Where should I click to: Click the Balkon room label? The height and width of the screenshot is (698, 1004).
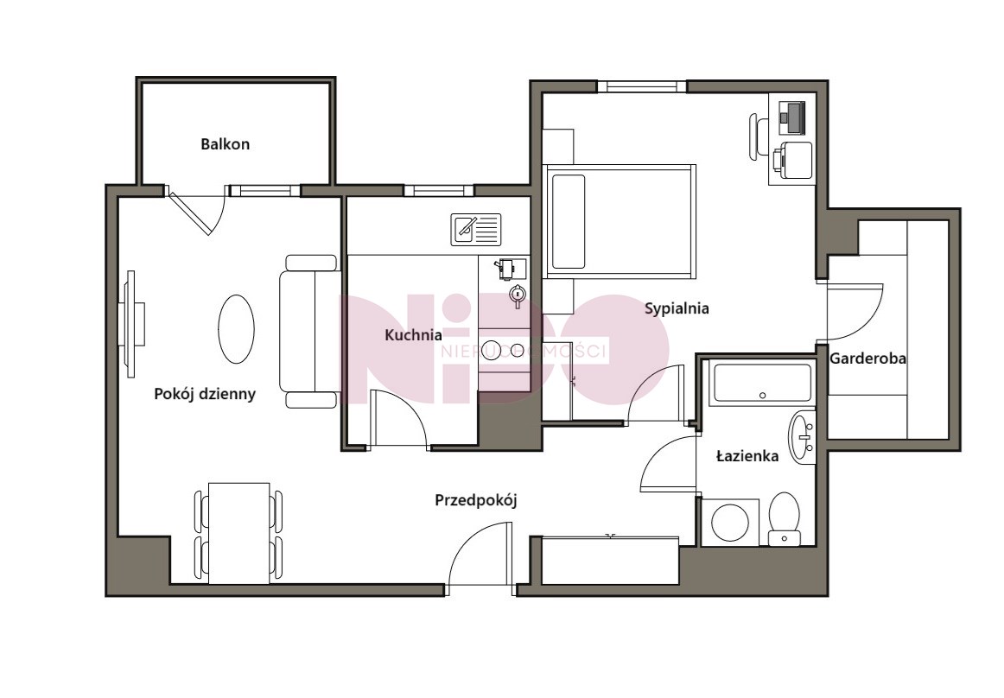[225, 144]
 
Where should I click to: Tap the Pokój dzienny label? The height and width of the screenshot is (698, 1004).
[205, 394]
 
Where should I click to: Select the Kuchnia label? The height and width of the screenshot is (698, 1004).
[413, 335]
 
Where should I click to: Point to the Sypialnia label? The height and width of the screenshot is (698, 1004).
[677, 308]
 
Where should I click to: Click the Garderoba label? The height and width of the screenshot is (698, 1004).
[867, 359]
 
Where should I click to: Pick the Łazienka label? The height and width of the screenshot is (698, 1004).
[747, 456]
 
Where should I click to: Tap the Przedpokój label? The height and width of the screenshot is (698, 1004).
[476, 500]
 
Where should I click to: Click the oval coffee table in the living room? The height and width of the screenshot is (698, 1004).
[236, 329]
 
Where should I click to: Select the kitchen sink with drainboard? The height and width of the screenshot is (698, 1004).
[476, 230]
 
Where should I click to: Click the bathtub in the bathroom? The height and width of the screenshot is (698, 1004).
[762, 383]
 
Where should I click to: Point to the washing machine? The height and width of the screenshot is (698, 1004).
[730, 523]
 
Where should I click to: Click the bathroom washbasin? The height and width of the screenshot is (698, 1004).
[802, 437]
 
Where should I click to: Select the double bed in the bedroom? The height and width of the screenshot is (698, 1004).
[620, 221]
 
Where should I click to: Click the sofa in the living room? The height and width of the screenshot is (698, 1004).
[310, 331]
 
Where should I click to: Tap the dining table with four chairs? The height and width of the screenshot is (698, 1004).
[238, 533]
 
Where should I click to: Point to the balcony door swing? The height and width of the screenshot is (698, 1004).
[198, 211]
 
